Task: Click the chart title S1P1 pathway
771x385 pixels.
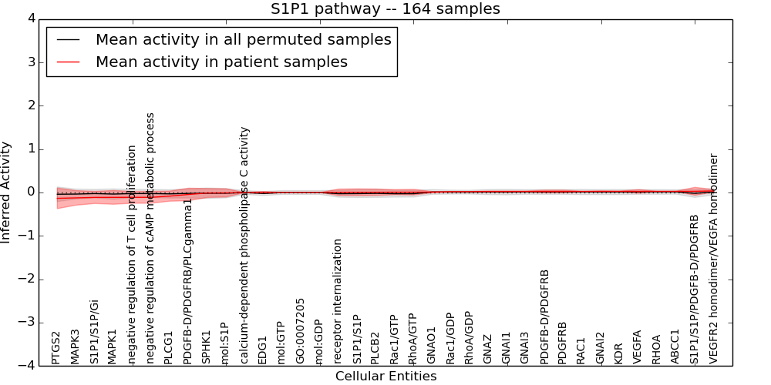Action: tap(385, 9)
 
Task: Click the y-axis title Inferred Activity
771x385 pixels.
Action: tap(7, 192)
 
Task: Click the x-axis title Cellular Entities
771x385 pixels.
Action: tap(385, 377)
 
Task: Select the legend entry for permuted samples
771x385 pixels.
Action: tap(243, 39)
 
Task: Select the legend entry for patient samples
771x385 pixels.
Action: tap(221, 62)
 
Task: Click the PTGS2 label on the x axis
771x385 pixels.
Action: tap(56, 347)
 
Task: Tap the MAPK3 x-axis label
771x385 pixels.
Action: tap(75, 346)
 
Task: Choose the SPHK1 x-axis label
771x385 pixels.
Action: tap(206, 347)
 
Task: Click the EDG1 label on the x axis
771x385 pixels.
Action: tap(262, 350)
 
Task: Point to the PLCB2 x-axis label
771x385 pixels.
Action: tap(375, 348)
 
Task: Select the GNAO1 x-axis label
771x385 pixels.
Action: tap(432, 345)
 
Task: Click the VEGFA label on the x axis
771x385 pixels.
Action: tap(638, 347)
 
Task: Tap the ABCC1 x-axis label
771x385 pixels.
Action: tap(675, 346)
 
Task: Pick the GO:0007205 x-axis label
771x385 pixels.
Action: tap(301, 331)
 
